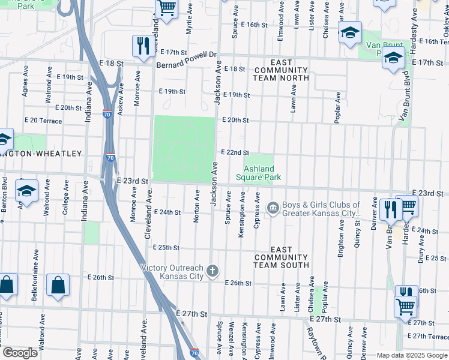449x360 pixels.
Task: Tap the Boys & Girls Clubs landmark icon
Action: [x=273, y=208]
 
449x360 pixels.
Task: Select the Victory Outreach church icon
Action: [x=212, y=272]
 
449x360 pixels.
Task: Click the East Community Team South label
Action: [x=281, y=257]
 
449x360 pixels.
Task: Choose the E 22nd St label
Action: [x=235, y=153]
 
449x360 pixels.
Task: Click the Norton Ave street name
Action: [x=196, y=206]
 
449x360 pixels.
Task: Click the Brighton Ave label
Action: [x=342, y=238]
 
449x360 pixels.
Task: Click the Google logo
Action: [x=20, y=352]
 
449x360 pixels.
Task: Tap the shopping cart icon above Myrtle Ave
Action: [x=166, y=9]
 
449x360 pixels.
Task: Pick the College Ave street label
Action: [x=65, y=204]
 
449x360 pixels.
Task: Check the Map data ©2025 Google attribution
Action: [x=412, y=355]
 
